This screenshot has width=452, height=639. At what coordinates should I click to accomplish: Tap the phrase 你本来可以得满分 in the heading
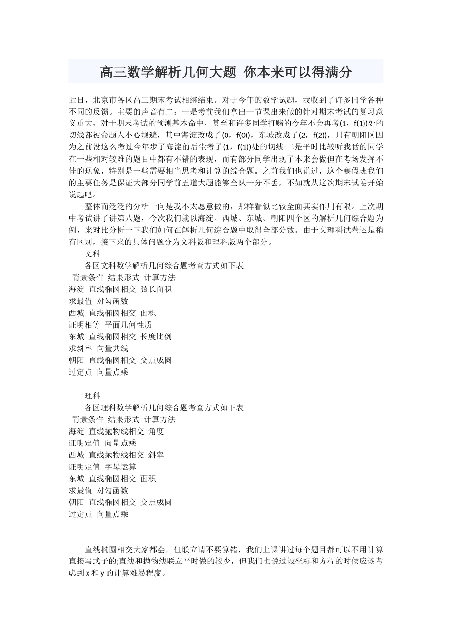point(298,72)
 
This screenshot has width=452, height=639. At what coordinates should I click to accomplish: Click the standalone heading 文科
point(92,254)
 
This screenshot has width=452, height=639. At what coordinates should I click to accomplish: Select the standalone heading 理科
point(92,396)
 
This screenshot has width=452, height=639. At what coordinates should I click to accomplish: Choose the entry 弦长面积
point(156,289)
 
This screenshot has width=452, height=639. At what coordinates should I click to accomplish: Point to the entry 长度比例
point(156,337)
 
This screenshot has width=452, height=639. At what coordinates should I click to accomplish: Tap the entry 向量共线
point(112,349)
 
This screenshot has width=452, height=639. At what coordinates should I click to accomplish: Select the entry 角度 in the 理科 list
point(156,431)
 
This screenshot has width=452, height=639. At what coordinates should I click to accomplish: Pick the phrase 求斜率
point(80,349)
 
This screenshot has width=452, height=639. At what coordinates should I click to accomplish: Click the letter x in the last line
point(88,573)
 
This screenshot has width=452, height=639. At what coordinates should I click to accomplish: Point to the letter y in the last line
point(102,573)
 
